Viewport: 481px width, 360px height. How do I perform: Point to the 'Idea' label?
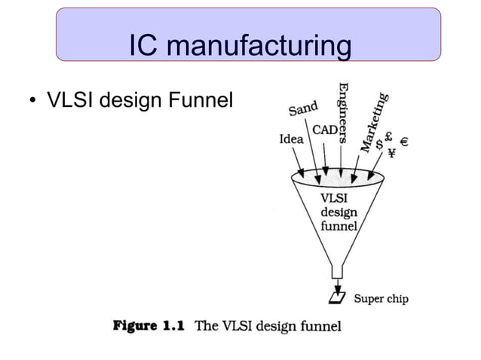click(x=292, y=139)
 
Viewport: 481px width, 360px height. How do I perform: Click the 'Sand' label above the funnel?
click(x=304, y=110)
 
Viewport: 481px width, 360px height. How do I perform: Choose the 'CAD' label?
click(x=325, y=130)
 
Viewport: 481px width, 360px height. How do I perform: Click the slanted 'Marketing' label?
click(x=375, y=121)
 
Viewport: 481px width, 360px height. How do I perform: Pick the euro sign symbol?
click(x=405, y=141)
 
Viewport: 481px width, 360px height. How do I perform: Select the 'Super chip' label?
click(x=381, y=299)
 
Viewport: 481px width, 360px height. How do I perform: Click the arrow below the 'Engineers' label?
click(x=343, y=164)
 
